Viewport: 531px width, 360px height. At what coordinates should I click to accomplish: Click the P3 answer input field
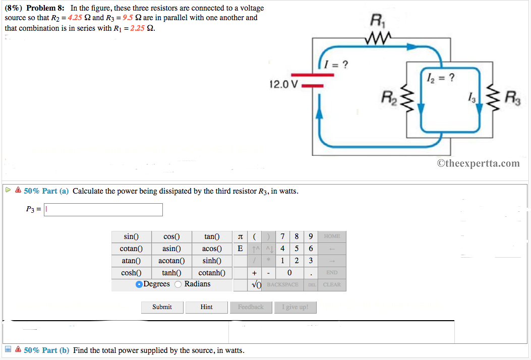tap(103, 210)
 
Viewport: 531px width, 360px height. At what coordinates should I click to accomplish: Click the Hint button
tap(206, 307)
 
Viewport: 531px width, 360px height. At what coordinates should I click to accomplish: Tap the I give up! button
tap(295, 307)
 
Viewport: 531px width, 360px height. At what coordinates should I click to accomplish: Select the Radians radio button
tap(178, 284)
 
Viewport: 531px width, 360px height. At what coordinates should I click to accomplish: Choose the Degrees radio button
tap(139, 284)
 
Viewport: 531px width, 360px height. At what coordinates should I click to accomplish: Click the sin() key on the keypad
tap(131, 236)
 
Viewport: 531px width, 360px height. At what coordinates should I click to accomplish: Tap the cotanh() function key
tap(212, 273)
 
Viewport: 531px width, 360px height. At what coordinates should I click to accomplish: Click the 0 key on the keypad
tap(289, 273)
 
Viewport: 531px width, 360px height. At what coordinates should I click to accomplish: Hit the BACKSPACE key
tap(282, 285)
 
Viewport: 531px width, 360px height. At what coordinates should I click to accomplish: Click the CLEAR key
tap(332, 285)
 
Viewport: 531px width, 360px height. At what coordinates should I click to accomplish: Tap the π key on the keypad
tap(240, 236)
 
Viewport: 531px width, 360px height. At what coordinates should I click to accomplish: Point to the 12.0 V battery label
tap(284, 84)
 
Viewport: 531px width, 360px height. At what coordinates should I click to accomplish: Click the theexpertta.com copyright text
tap(478, 163)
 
